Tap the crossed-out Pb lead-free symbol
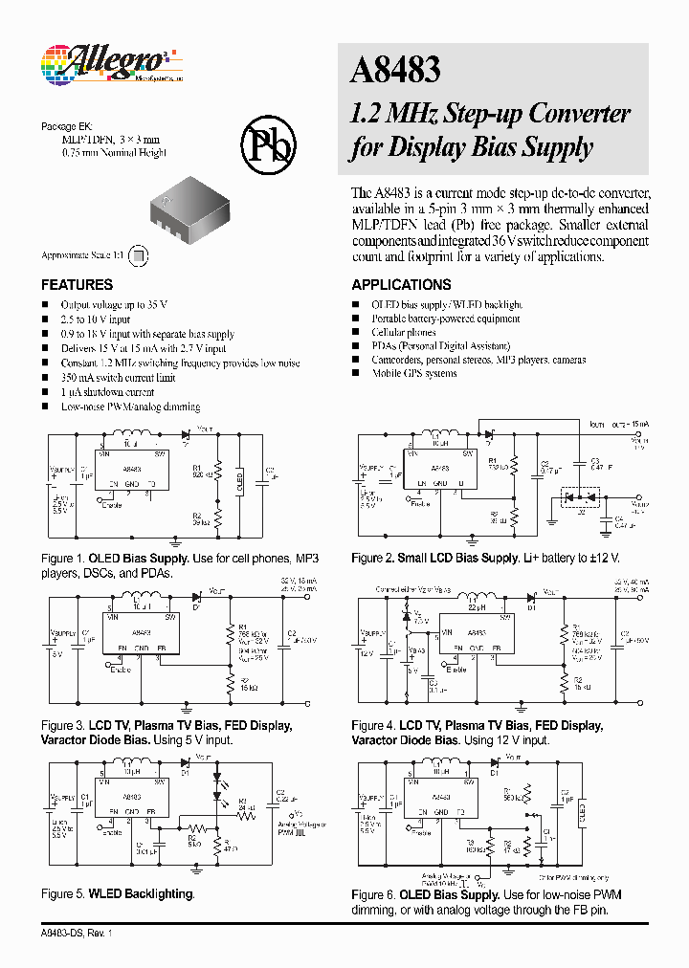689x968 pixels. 270,143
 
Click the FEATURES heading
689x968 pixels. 77,285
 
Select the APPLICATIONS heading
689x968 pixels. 401,285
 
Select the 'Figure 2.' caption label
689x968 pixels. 374,558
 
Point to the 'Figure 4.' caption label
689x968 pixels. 374,725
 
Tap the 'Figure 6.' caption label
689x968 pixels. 374,893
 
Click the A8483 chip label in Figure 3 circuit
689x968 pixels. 141,633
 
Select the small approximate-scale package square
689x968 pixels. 139,255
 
